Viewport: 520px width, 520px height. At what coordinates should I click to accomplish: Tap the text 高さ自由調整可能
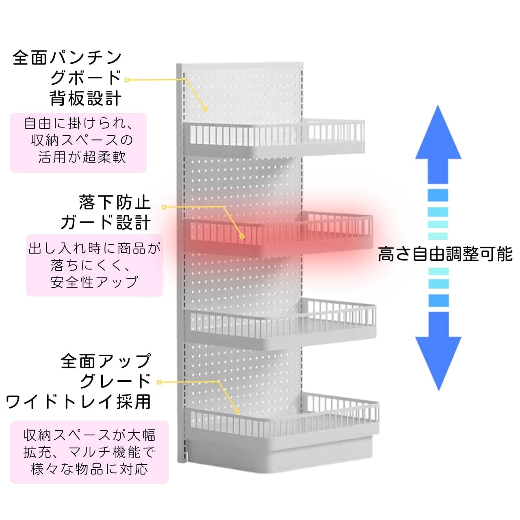tap(445, 254)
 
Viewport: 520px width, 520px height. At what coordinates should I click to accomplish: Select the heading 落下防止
tap(115, 202)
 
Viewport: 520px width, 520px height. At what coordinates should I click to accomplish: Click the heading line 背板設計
tap(86, 98)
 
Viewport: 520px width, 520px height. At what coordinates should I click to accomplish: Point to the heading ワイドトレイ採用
tap(78, 402)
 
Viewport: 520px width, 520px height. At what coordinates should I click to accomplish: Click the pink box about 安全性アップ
tap(94, 265)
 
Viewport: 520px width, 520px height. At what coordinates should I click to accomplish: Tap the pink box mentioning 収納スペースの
tap(78, 142)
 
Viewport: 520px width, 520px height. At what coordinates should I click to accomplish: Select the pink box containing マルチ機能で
tap(89, 452)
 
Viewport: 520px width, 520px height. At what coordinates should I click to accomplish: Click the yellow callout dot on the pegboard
tap(206, 109)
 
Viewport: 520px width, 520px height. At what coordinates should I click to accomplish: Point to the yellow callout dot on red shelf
tap(242, 236)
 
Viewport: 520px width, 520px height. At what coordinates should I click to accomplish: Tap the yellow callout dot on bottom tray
tap(237, 412)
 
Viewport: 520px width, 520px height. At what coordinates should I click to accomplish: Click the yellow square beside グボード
tap(127, 80)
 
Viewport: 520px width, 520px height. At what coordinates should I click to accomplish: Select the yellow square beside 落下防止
tap(164, 207)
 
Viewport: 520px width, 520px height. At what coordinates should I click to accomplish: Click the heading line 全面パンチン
tap(67, 58)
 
